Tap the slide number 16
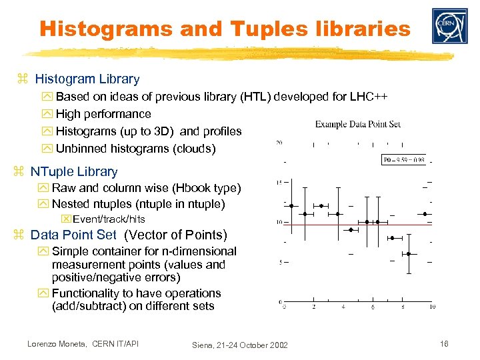pyautogui.click(x=444, y=343)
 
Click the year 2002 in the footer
pyautogui.click(x=277, y=345)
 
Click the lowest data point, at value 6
pyautogui.click(x=409, y=253)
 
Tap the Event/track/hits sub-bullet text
pyautogui.click(x=109, y=219)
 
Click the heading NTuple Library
pyautogui.click(x=74, y=171)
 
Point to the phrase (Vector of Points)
pyautogui.click(x=176, y=235)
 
